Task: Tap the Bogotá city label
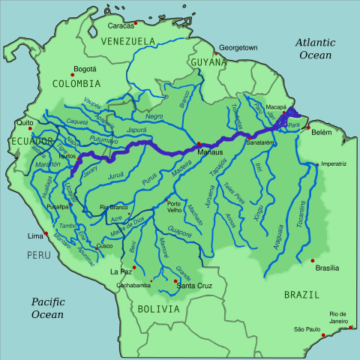(85, 70)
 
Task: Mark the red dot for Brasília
(313, 260)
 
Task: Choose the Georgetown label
(238, 48)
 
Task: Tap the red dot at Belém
(308, 128)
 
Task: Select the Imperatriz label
(334, 163)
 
